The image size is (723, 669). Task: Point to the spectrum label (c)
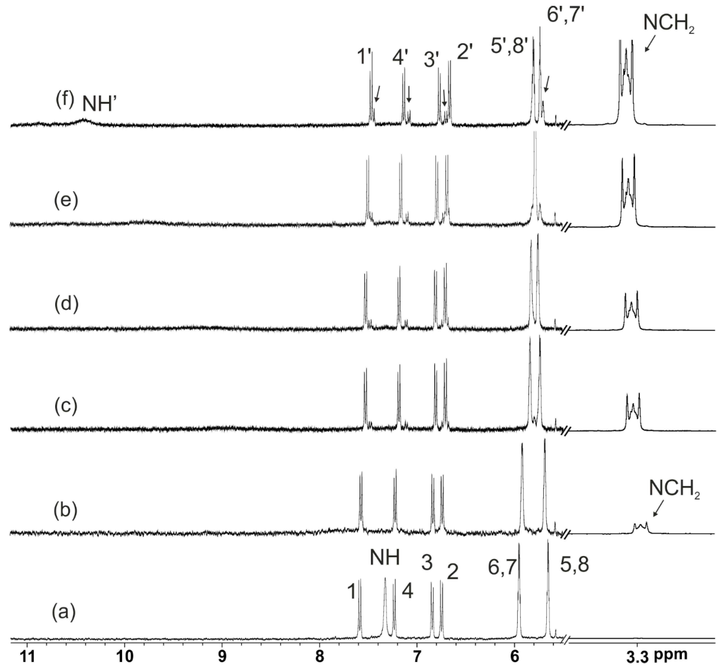coord(66,407)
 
